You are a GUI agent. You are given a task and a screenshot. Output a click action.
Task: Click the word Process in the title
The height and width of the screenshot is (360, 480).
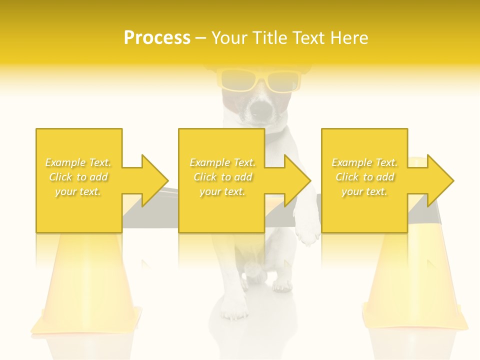point(157,38)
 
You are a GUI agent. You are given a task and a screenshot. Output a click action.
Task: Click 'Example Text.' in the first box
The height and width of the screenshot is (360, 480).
point(78,162)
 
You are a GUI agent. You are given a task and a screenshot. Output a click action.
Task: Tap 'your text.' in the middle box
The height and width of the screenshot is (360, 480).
point(222,191)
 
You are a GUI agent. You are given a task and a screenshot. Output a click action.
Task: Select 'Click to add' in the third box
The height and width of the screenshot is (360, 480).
point(364,177)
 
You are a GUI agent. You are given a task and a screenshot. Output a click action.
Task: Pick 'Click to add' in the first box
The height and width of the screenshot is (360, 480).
point(78,177)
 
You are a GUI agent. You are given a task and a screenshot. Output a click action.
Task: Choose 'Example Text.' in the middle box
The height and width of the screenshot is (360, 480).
point(222,162)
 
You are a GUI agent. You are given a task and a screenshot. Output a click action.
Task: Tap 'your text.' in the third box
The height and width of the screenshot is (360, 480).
point(364,191)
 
